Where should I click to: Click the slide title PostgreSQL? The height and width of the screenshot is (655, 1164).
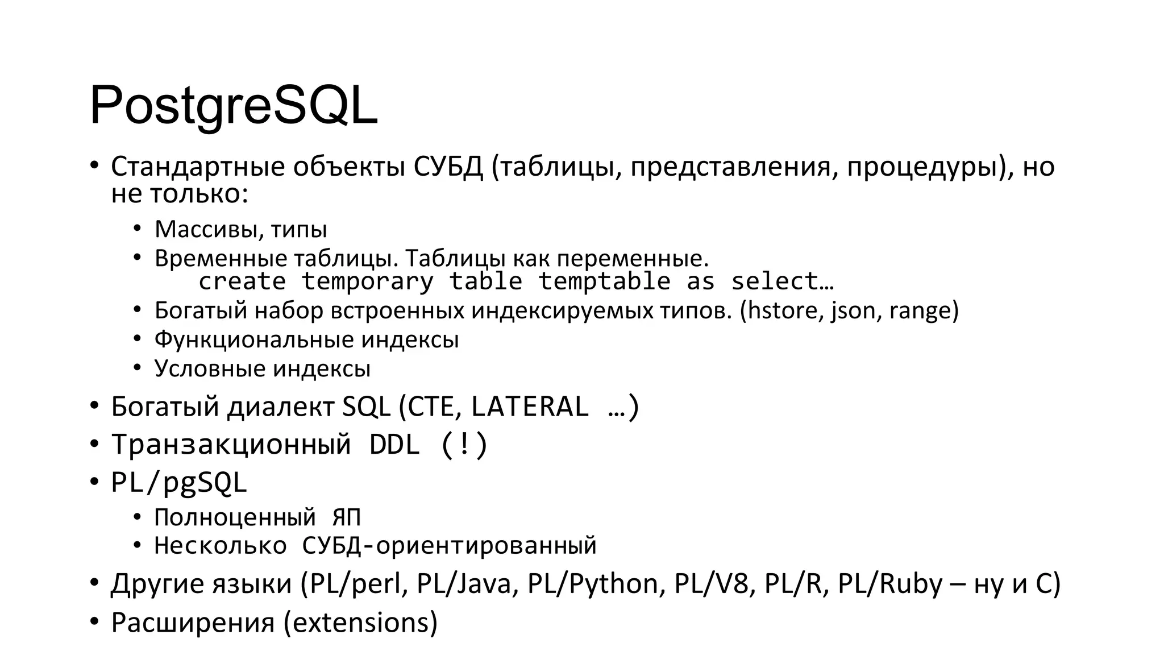pos(233,106)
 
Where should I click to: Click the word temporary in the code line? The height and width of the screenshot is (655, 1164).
pos(367,281)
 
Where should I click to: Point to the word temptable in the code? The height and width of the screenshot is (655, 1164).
pos(604,281)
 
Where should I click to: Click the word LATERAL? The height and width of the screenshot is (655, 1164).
pos(530,406)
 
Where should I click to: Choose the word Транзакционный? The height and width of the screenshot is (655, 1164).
pos(231,444)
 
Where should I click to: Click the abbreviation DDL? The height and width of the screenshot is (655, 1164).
pos(394,444)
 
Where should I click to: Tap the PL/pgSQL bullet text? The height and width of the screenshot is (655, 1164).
pos(179,482)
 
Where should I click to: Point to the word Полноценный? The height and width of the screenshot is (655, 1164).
pos(235,517)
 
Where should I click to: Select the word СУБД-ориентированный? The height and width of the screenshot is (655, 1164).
pos(449,546)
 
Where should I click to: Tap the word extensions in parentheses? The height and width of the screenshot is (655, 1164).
pos(360,622)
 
